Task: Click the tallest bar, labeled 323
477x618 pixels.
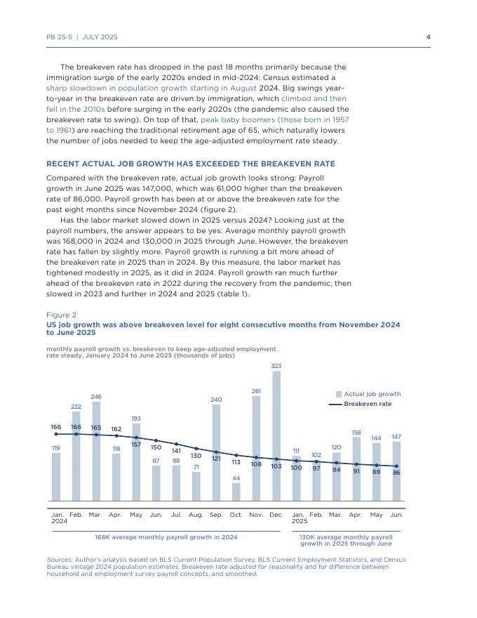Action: (x=276, y=435)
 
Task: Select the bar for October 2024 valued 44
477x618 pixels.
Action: (x=236, y=492)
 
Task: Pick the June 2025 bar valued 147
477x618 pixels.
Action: (x=396, y=471)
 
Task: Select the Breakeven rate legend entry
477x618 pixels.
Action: (x=368, y=404)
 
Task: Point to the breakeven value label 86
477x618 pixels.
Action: (x=396, y=473)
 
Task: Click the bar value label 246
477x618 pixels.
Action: (x=96, y=397)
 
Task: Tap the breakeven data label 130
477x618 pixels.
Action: (x=196, y=456)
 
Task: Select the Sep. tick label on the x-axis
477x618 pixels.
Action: (x=216, y=515)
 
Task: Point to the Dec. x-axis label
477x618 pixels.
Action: (x=276, y=515)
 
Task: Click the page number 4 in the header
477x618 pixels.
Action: (x=428, y=37)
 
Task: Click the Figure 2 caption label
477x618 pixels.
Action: (x=62, y=315)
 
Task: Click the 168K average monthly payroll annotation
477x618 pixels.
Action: (x=166, y=537)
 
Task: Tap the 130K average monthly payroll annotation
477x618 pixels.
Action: (x=346, y=540)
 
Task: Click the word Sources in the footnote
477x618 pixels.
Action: (x=59, y=560)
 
